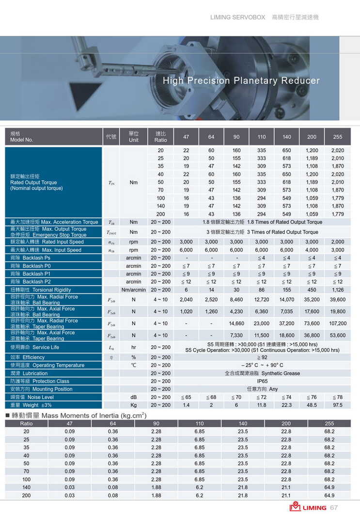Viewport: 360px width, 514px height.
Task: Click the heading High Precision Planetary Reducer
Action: (x=241, y=81)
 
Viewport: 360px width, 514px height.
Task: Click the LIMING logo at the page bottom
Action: (x=308, y=507)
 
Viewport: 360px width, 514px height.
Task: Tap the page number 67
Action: (x=334, y=508)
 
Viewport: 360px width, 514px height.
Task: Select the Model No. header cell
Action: (x=22, y=137)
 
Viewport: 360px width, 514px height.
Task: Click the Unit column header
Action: (x=134, y=137)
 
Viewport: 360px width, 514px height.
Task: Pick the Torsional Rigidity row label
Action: (x=41, y=290)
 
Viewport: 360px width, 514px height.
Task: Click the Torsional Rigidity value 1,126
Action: (x=338, y=290)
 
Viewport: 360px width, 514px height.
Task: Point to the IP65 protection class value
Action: (x=262, y=381)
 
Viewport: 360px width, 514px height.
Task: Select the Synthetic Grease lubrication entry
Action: (x=262, y=373)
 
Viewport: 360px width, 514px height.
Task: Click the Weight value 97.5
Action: (x=338, y=405)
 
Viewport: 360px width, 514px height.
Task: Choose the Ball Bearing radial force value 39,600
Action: (x=338, y=300)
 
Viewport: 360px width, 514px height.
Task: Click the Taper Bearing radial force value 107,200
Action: (x=338, y=323)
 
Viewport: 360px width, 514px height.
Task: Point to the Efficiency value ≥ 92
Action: (x=262, y=357)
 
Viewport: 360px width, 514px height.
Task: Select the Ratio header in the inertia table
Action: (x=27, y=423)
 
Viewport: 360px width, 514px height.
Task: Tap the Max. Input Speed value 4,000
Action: (x=312, y=250)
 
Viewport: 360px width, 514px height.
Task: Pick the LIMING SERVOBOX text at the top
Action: (x=238, y=17)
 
